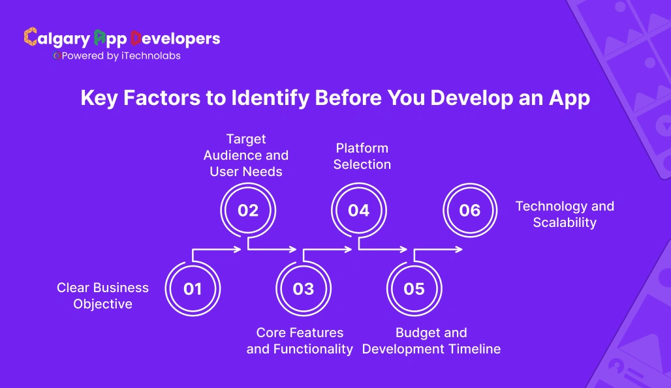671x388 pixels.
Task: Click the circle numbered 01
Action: (193, 289)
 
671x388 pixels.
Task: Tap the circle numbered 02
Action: (248, 211)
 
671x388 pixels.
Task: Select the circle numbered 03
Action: (304, 289)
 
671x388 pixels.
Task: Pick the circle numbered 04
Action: (358, 211)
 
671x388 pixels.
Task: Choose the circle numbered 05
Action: (414, 289)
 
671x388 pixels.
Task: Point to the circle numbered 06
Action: (470, 211)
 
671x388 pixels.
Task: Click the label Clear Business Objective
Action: (102, 296)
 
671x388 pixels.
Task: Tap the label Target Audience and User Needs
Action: (246, 155)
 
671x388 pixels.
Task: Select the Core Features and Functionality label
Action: (300, 341)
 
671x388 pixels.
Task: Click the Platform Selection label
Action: (362, 157)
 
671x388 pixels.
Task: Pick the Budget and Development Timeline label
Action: (431, 341)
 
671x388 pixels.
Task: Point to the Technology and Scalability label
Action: (565, 214)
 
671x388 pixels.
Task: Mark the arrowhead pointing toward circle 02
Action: (239, 249)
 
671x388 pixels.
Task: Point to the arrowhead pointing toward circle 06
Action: (460, 249)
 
